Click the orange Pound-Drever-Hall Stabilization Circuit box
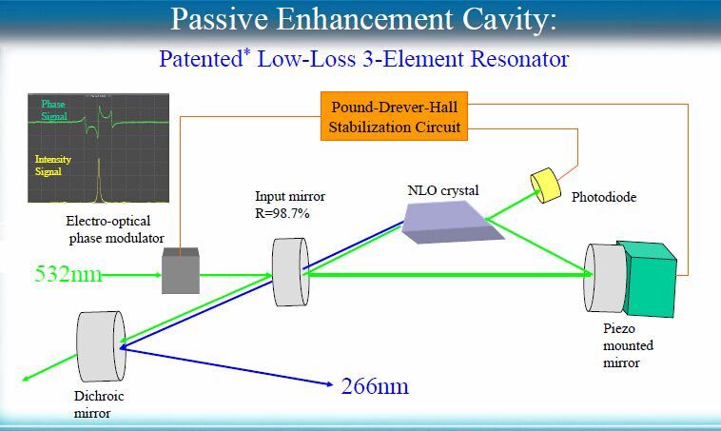coord(394,116)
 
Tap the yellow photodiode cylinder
coord(545,186)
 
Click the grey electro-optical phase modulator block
coord(181,270)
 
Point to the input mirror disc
coord(291,272)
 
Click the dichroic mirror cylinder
coord(101,346)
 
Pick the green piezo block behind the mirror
coord(649,279)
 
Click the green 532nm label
coord(68,274)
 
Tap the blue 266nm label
coord(375,386)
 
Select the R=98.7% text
coord(283,213)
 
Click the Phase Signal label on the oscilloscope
coord(54,110)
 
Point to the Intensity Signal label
coord(53,166)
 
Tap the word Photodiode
coord(604,197)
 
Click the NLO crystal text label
coord(443,190)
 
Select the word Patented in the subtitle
coord(201,59)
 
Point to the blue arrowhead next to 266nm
coord(329,383)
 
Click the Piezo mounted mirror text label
coord(628,345)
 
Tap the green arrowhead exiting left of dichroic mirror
coord(27,378)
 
